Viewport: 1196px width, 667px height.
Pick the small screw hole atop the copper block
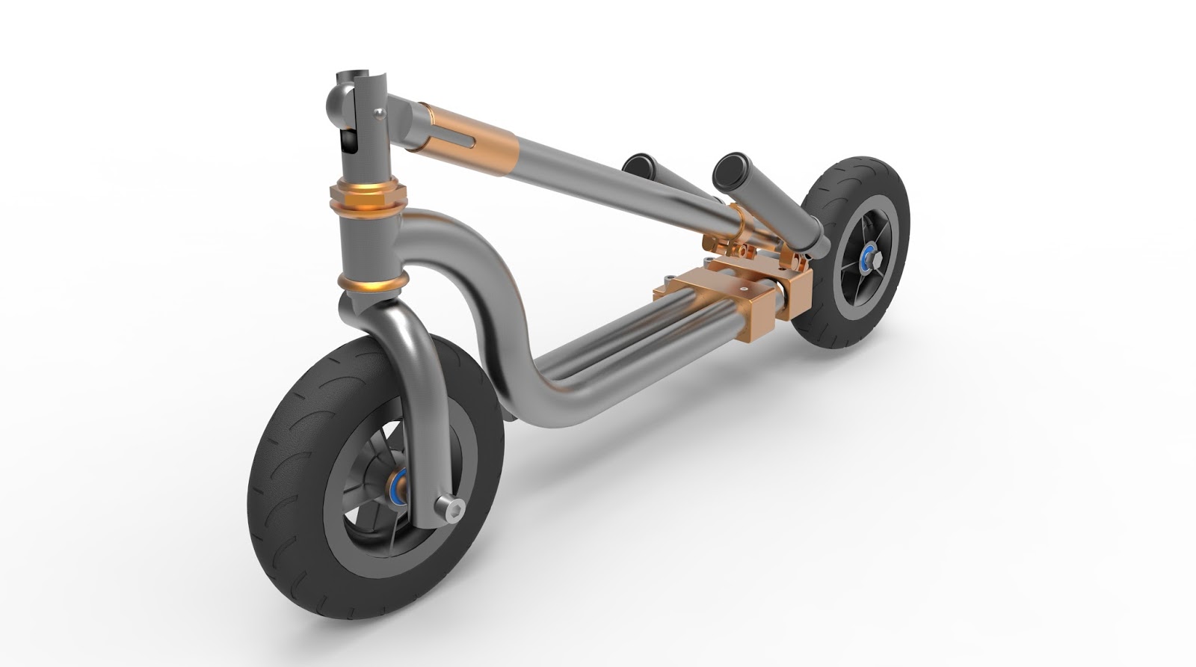coord(745,285)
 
